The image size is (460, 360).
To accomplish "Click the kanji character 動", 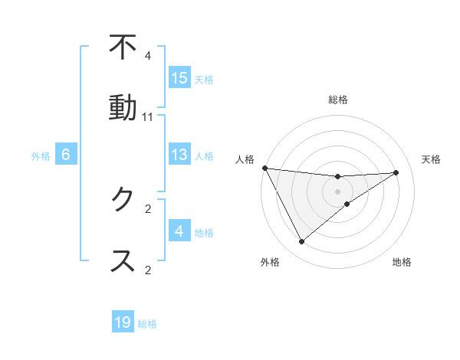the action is pos(123,107).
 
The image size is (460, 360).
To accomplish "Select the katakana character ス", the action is pos(123,260).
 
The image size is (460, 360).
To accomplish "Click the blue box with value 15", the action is pos(179,78).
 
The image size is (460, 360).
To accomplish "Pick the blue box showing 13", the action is pos(179,155).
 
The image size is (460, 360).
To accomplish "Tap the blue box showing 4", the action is pos(179,231).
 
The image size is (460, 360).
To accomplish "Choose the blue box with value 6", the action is pos(66,155).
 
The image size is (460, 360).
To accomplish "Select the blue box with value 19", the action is pos(123,323).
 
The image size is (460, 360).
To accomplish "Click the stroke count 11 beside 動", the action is pos(148,117).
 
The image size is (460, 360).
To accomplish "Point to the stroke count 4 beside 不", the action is pos(148,56).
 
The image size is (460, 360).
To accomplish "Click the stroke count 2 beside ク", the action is pos(148,208).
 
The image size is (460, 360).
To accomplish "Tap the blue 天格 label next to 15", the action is pos(204,79).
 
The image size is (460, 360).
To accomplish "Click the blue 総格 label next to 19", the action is pos(147,324).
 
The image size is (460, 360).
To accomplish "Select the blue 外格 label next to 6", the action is pos(41,155).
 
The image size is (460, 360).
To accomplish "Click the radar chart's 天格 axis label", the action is pos(431,159).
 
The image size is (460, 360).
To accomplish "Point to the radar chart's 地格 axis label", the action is pos(402,262).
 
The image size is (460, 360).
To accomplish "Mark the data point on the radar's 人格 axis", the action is pos(264,168).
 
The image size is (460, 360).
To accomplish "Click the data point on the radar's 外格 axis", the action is pos(301,242).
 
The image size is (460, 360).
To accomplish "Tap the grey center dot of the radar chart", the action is pos(338,191).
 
